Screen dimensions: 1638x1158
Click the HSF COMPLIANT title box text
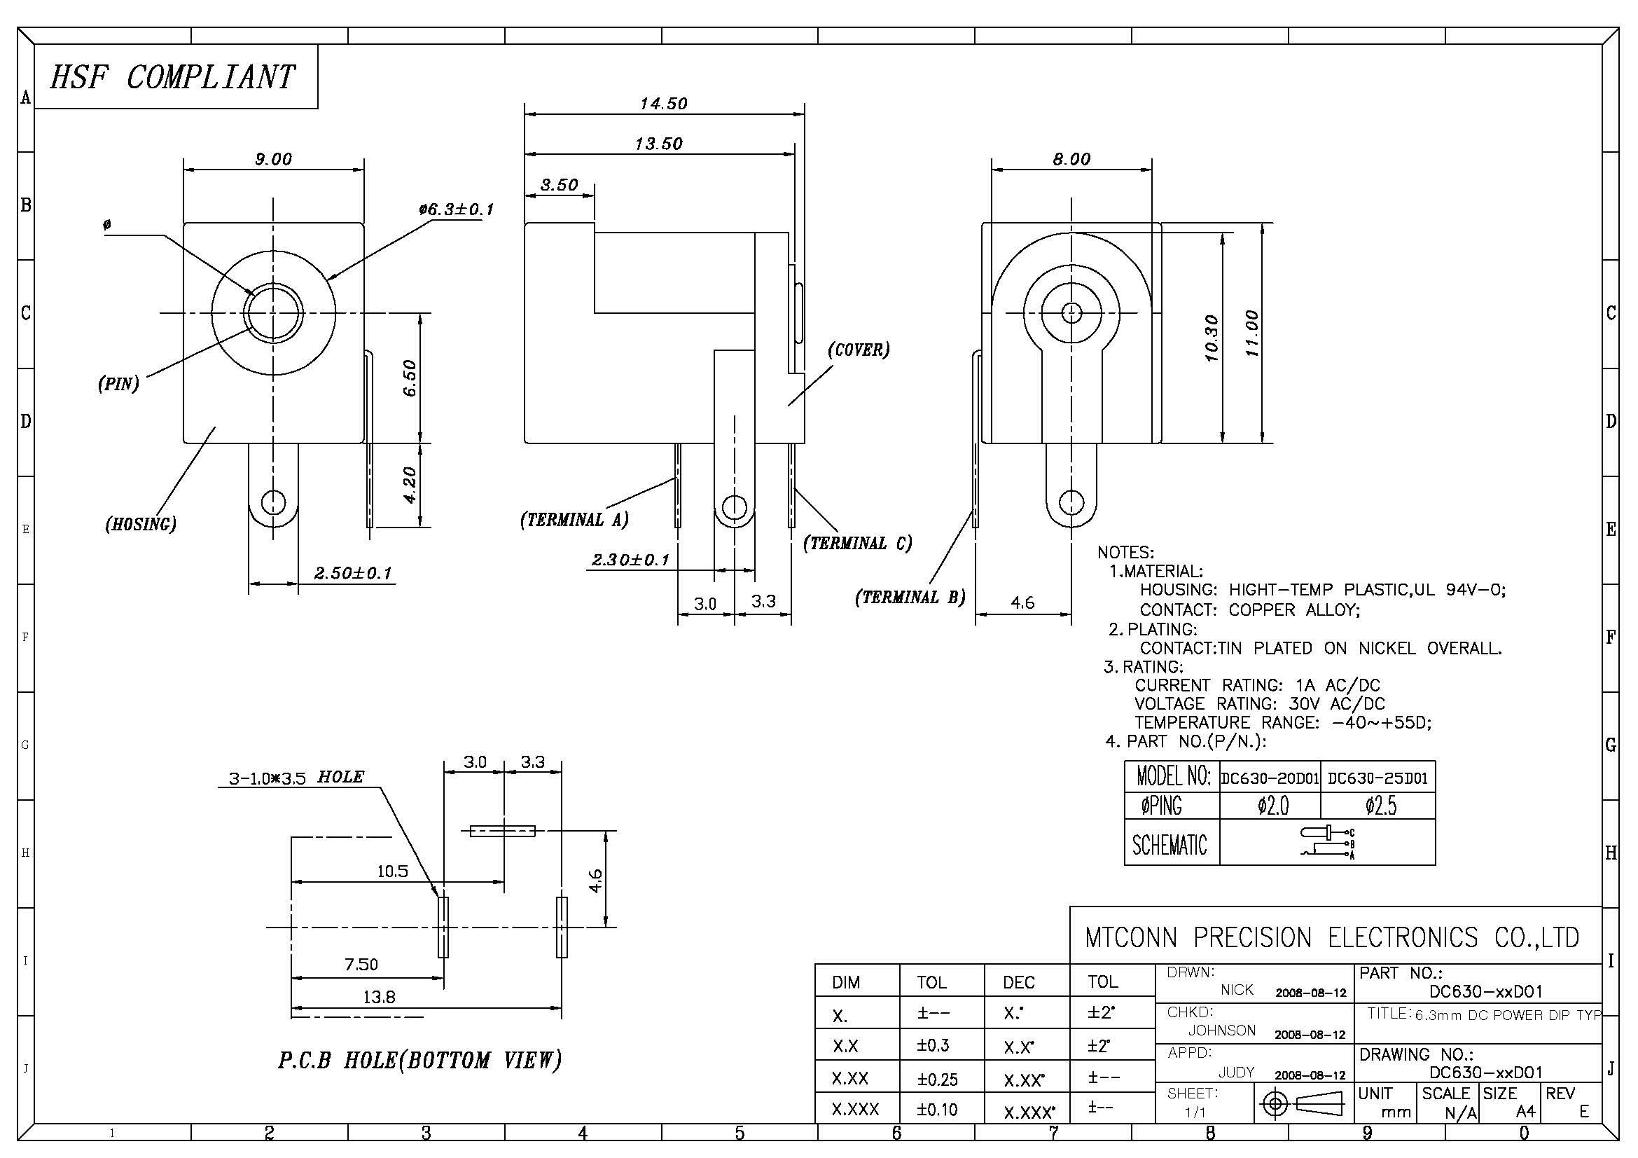(172, 76)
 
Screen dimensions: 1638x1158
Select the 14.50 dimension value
(663, 104)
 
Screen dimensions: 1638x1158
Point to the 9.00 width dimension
(274, 159)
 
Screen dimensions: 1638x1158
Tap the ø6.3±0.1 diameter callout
(457, 209)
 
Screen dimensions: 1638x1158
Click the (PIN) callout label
(118, 384)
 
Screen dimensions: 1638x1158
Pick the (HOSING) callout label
(141, 525)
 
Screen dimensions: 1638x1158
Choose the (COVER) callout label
(859, 350)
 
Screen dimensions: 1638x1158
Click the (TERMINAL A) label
(574, 520)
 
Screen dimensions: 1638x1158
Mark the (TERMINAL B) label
(910, 597)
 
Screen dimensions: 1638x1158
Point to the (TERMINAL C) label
(858, 544)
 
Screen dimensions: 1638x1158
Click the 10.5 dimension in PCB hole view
(392, 871)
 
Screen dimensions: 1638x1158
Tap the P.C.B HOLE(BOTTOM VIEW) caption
(419, 1060)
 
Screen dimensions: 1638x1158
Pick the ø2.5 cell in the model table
(1380, 806)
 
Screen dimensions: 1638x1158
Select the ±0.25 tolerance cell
(938, 1080)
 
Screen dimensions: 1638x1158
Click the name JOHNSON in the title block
(1221, 1031)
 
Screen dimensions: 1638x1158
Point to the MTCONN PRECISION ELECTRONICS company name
(1332, 937)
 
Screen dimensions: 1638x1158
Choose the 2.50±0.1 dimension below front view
(353, 573)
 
